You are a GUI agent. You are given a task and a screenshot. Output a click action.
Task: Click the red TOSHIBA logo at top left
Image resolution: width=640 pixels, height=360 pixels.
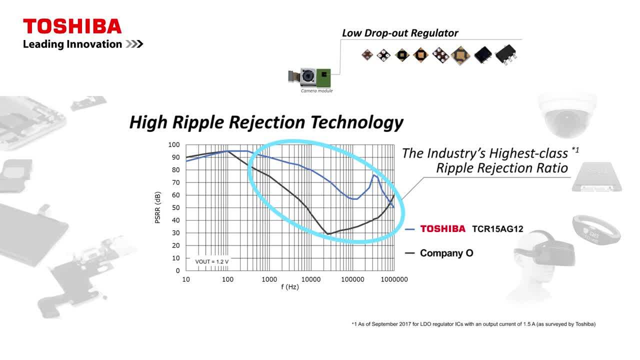(72, 26)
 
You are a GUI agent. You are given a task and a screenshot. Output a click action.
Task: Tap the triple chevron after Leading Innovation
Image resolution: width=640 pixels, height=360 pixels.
(134, 44)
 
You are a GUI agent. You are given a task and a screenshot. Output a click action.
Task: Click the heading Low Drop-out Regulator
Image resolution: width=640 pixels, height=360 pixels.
(400, 33)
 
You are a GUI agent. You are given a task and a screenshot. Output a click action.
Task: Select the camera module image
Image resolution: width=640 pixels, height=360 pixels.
(309, 77)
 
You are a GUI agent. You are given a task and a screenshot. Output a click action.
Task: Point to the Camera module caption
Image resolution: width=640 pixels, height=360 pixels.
(316, 91)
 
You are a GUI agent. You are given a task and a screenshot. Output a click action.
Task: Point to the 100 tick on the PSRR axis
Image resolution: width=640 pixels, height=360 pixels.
(174, 145)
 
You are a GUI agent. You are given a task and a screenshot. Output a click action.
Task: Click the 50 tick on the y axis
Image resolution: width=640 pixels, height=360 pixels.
(175, 207)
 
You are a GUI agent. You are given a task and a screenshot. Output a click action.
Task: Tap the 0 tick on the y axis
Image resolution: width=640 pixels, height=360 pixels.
(177, 270)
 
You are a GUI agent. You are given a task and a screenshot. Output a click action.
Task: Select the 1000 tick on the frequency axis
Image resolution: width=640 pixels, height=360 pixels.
(269, 279)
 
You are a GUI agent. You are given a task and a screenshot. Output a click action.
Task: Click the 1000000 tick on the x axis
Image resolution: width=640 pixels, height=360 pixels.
(394, 279)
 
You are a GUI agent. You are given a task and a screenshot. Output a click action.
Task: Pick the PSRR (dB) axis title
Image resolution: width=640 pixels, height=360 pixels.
(157, 207)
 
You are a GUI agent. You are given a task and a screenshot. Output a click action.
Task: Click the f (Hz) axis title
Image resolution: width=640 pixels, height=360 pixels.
(290, 287)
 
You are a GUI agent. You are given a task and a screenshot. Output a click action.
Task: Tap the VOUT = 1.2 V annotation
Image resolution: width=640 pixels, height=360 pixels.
(211, 261)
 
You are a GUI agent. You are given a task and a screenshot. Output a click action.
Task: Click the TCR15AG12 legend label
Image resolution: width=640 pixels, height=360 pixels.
(497, 229)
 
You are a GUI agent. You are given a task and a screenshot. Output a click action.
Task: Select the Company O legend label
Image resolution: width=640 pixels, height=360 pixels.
(446, 253)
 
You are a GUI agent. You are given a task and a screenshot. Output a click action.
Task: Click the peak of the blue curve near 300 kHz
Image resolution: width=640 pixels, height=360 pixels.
(373, 175)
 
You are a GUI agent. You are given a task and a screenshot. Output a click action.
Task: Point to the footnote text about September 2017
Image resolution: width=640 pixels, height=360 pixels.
(473, 324)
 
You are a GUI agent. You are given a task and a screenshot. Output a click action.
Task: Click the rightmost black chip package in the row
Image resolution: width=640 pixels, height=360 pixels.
(506, 54)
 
